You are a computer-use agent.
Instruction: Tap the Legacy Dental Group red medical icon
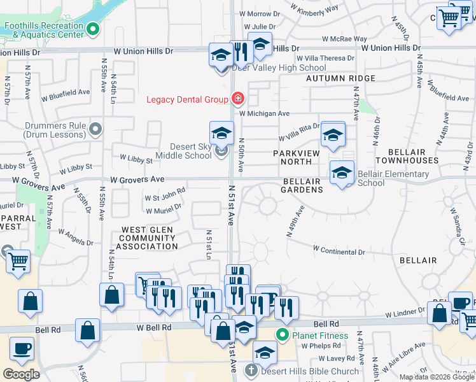pos(238,99)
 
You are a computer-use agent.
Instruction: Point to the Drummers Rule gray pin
pos(95,130)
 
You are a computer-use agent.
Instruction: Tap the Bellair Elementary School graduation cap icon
pos(342,173)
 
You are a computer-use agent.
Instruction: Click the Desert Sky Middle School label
pos(183,151)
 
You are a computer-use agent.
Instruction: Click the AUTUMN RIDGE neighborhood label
pos(340,78)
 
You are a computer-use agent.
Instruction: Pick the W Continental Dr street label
pos(339,251)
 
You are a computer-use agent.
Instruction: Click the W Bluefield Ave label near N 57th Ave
pos(66,95)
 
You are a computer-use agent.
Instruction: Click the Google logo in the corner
pos(21,374)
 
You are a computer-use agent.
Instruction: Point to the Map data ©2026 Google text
pos(436,377)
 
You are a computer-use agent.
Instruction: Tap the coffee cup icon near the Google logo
pos(22,349)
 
